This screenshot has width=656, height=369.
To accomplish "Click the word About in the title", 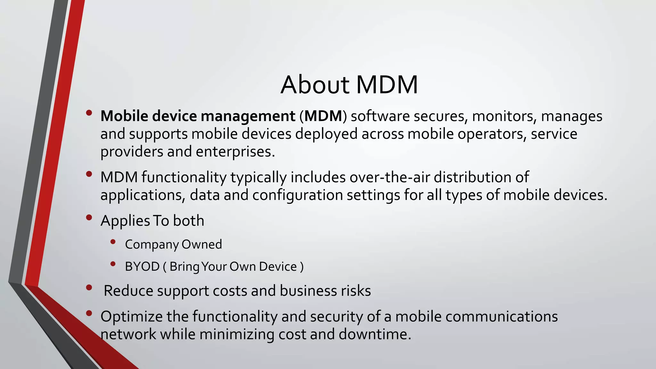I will click(315, 85).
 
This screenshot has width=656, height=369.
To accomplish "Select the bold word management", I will click(248, 116).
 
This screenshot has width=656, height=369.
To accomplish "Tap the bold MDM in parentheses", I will click(323, 116).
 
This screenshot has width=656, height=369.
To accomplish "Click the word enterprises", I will click(235, 152).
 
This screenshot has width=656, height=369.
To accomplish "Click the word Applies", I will click(125, 221).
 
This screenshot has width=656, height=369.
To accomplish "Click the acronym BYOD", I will click(142, 266).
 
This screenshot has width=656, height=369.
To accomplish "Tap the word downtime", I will click(374, 334).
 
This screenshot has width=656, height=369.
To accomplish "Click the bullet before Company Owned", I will click(112, 242).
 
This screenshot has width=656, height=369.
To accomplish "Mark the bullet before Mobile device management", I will click(89, 113).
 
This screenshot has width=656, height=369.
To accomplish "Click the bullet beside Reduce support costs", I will click(89, 287).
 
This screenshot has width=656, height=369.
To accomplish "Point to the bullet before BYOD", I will click(112, 264).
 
